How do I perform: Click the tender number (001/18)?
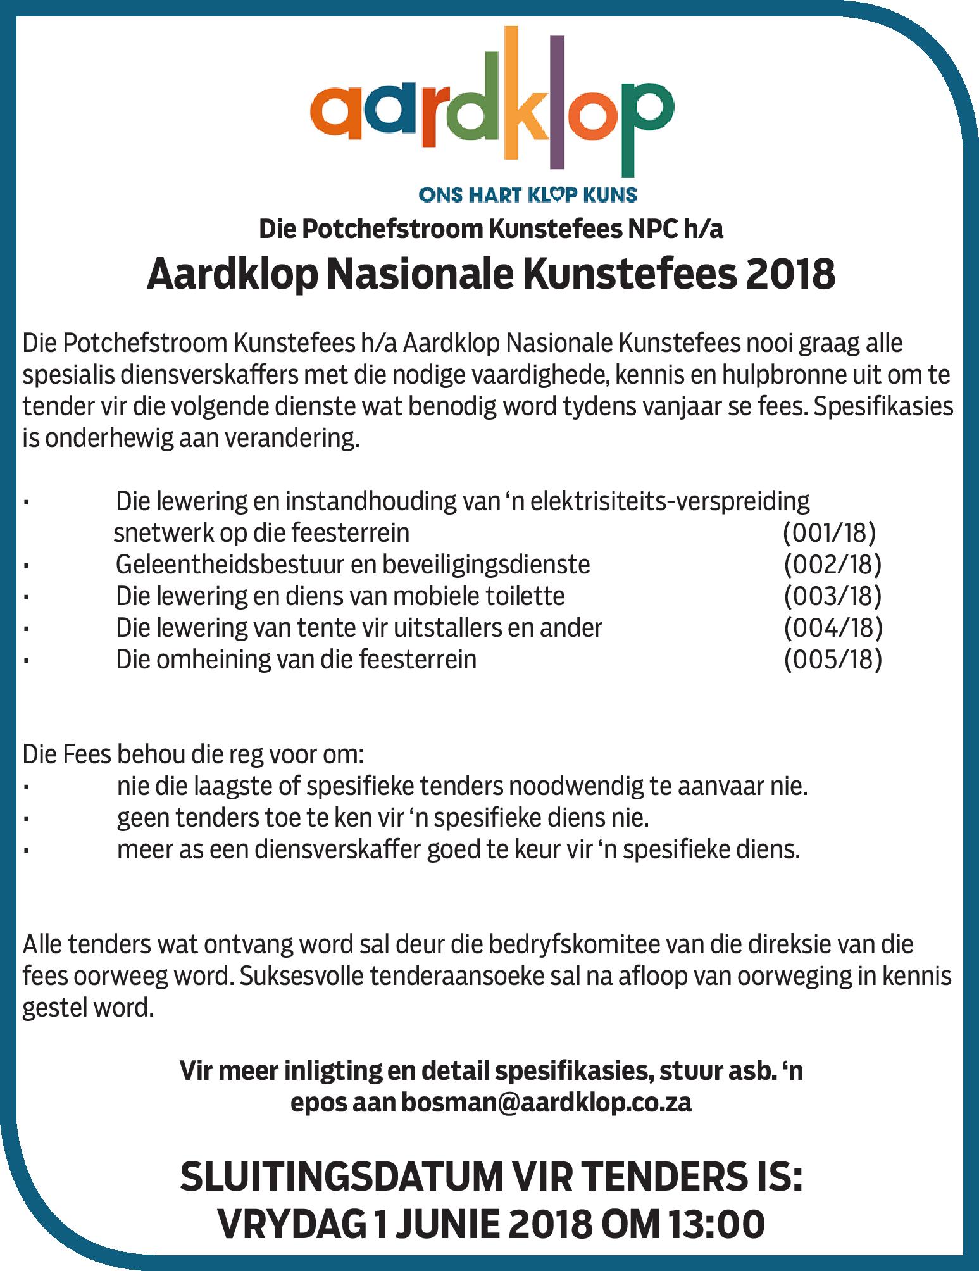(x=829, y=533)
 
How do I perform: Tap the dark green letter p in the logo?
(x=644, y=127)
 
